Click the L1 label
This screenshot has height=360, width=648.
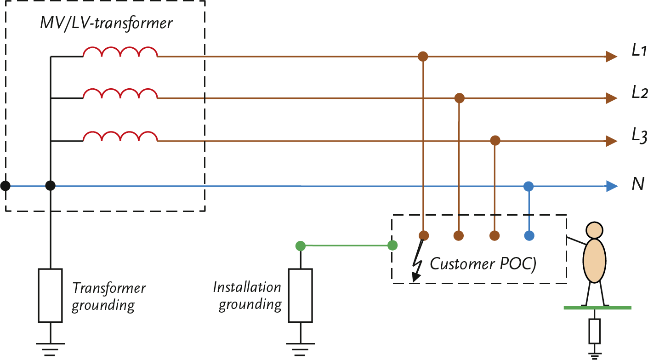tap(639, 51)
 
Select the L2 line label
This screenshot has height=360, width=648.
tap(639, 93)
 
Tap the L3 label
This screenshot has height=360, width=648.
tap(639, 136)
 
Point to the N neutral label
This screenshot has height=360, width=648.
tap(638, 185)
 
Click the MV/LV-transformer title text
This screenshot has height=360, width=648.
tap(106, 23)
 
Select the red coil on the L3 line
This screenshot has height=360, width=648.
tap(120, 137)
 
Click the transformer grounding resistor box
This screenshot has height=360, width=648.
tap(50, 295)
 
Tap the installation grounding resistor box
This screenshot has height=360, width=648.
tap(300, 295)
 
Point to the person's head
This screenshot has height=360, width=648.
tap(594, 229)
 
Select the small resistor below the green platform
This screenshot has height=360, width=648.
tap(595, 331)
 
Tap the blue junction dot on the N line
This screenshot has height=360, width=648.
tap(529, 186)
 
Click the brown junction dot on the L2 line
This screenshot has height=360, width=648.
tap(459, 98)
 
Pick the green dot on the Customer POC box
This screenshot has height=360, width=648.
tap(392, 246)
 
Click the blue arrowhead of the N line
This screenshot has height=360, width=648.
tap(611, 186)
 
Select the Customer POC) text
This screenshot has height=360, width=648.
tap(483, 264)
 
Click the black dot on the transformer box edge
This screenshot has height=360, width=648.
tap(6, 186)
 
